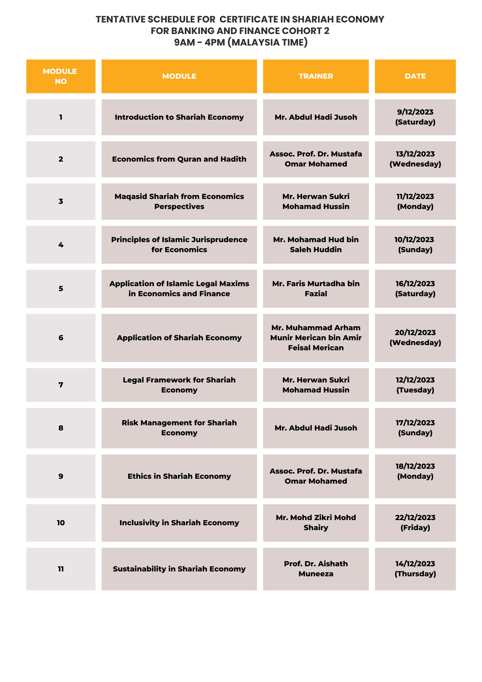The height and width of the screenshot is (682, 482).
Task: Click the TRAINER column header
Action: click(x=316, y=76)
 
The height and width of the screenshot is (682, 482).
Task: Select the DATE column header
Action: click(x=415, y=76)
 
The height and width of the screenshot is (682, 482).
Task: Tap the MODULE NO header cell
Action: click(x=61, y=76)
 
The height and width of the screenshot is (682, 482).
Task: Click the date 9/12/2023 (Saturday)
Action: click(x=415, y=117)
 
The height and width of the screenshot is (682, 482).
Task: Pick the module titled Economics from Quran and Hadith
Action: click(x=179, y=159)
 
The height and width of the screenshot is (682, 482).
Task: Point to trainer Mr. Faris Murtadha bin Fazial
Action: click(x=316, y=289)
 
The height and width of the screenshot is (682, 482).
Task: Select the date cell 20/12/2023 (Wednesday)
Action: click(x=415, y=338)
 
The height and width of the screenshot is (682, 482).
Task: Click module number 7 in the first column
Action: click(x=61, y=385)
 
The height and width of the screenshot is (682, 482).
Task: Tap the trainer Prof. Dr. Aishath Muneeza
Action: click(x=316, y=569)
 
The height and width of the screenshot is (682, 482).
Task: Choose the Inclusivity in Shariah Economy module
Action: click(x=179, y=523)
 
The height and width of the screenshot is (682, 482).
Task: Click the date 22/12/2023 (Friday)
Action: click(x=415, y=523)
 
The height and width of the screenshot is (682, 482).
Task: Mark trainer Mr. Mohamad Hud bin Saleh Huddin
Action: click(x=316, y=245)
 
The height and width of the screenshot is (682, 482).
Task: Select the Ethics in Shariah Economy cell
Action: click(x=179, y=476)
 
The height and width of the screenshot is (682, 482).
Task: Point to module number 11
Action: click(x=61, y=569)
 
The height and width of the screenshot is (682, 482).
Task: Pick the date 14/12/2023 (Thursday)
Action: click(x=415, y=569)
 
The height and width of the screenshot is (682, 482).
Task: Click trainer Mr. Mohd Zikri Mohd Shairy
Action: click(x=316, y=523)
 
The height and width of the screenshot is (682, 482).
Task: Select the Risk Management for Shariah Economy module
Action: click(x=179, y=428)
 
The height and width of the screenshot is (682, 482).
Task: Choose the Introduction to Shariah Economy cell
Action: click(x=179, y=117)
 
